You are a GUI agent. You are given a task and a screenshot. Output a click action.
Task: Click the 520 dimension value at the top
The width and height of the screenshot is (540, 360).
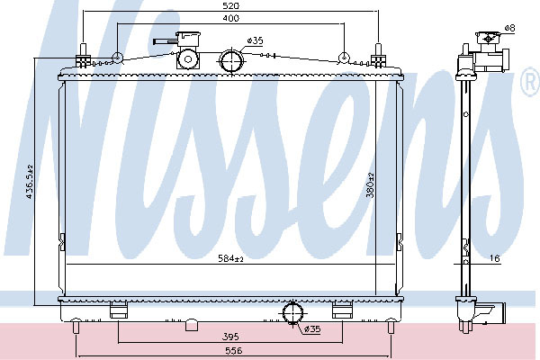pos(231,6)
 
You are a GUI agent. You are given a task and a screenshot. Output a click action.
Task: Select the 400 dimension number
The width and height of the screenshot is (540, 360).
pos(230,18)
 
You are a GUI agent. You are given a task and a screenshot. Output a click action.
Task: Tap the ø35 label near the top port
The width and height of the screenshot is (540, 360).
pos(256,41)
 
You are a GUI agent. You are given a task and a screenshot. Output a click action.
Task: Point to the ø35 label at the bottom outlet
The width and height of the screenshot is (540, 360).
pos(312,329)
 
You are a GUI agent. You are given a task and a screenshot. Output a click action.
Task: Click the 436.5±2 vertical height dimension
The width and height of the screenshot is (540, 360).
pos(30,182)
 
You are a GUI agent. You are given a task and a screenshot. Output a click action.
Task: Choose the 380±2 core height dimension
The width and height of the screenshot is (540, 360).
pos(370,185)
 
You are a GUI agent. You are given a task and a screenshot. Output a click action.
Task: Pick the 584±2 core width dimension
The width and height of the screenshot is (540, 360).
pos(230,258)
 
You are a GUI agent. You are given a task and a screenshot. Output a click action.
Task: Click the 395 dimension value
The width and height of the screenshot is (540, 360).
pos(230,337)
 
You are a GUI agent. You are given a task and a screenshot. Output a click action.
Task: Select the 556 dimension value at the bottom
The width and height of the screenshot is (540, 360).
pos(234,351)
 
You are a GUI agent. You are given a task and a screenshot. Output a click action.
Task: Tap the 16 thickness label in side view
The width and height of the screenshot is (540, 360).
pos(494,258)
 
